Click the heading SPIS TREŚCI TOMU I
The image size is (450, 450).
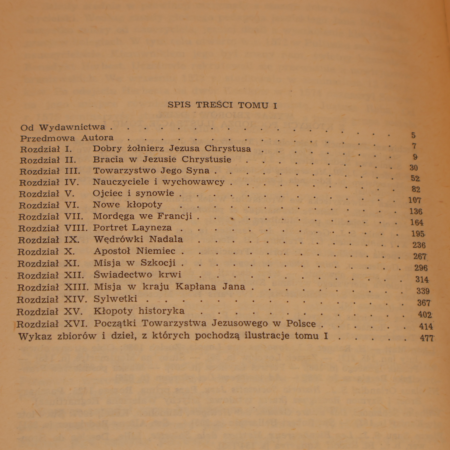pos(222,105)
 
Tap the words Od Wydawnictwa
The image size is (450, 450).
pos(62,127)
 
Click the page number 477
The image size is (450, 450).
pos(427,338)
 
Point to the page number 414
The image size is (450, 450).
pos(426,326)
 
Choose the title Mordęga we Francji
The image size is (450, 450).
pos(142,216)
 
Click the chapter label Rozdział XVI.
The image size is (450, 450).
pos(52,324)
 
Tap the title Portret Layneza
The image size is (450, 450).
pos(132,227)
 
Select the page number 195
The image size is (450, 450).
pos(418,234)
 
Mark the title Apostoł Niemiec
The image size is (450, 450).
pos(134,251)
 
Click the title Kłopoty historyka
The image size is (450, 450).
pos(139,311)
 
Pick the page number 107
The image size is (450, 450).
pos(415,200)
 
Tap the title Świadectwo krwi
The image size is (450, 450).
pos(138,274)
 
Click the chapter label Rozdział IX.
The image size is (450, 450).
pos(49,240)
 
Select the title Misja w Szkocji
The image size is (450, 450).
pos(135,263)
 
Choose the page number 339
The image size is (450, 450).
pos(423,291)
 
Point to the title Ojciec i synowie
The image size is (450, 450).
pos(133,193)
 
